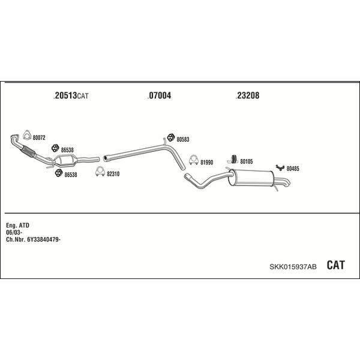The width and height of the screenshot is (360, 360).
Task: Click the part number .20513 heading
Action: pyautogui.click(x=65, y=95)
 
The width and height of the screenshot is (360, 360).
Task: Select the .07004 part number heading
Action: pyautogui.click(x=159, y=95)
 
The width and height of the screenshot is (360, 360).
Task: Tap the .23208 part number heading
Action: pyautogui.click(x=247, y=95)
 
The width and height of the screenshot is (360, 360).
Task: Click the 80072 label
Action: pyautogui.click(x=39, y=138)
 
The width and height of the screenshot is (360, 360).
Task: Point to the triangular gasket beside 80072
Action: pyautogui.click(x=27, y=135)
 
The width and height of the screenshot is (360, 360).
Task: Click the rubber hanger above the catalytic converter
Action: pyautogui.click(x=55, y=148)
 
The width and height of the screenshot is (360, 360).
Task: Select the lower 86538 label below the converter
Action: pyautogui.click(x=71, y=175)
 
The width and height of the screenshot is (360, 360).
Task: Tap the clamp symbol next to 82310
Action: pyautogui.click(x=100, y=172)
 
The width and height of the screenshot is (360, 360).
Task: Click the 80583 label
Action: pyautogui.click(x=183, y=139)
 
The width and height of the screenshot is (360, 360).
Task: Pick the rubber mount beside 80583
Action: pyautogui.click(x=170, y=137)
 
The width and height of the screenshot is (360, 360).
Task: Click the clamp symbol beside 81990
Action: pyautogui.click(x=194, y=160)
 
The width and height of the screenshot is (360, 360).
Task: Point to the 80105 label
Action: pyautogui.click(x=247, y=161)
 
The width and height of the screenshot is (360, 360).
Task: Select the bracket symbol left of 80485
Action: pyautogui.click(x=280, y=167)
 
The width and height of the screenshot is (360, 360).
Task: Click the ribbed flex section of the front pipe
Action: pyautogui.click(x=28, y=152)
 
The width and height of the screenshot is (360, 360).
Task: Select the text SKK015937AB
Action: pyautogui.click(x=293, y=267)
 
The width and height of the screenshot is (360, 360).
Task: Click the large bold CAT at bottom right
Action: pyautogui.click(x=335, y=265)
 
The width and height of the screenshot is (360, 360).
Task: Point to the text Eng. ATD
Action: pyautogui.click(x=17, y=226)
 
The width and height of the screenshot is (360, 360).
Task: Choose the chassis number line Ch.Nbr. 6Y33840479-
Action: pyautogui.click(x=33, y=239)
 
